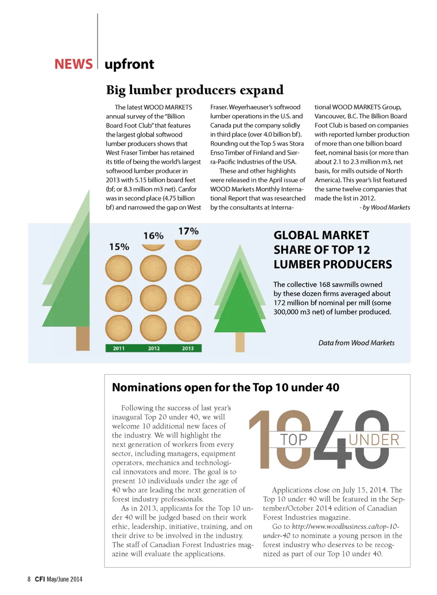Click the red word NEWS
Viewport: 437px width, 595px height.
pyautogui.click(x=73, y=64)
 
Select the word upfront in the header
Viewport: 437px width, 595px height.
pyautogui.click(x=129, y=65)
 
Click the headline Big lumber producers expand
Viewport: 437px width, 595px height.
pyautogui.click(x=195, y=90)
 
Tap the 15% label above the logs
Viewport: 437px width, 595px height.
pyautogui.click(x=119, y=247)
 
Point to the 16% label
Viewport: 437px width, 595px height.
pyautogui.click(x=153, y=236)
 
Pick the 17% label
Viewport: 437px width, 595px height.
pyautogui.click(x=188, y=231)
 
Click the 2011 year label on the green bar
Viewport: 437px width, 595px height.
pyautogui.click(x=119, y=348)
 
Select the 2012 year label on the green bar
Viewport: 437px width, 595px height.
pyautogui.click(x=154, y=348)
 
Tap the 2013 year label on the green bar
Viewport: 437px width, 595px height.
pyautogui.click(x=188, y=348)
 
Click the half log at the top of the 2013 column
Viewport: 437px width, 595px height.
pyautogui.click(x=188, y=245)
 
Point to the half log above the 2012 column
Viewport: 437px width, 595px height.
pyautogui.click(x=153, y=247)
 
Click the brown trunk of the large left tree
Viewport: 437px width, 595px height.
pyautogui.click(x=83, y=338)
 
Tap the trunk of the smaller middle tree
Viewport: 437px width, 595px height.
pyautogui.click(x=240, y=342)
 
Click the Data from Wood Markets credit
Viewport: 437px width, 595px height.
pyautogui.click(x=356, y=343)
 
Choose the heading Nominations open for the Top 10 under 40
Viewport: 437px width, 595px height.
pyautogui.click(x=226, y=387)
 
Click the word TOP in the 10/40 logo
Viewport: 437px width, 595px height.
pyautogui.click(x=294, y=440)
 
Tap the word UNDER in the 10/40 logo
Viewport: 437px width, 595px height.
pyautogui.click(x=374, y=440)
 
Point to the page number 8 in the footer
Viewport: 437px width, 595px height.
pyautogui.click(x=29, y=579)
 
